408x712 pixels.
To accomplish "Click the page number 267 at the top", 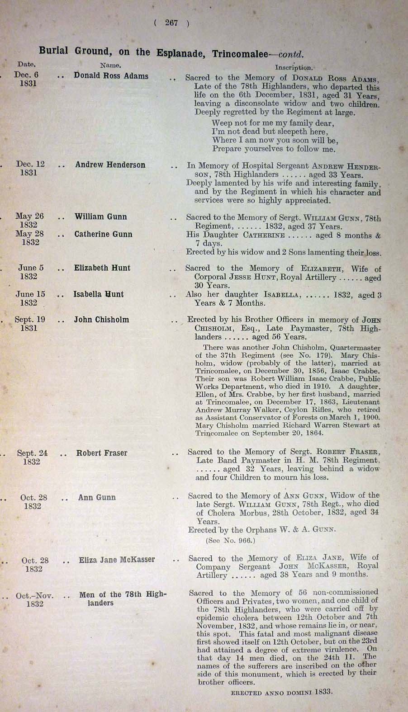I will pyautogui.click(x=171, y=23).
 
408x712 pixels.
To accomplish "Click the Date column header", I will pyautogui.click(x=27, y=65).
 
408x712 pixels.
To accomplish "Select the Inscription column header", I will pyautogui.click(x=294, y=67).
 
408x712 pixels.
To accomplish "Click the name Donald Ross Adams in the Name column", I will pyautogui.click(x=111, y=76).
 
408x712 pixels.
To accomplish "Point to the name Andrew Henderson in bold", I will pyautogui.click(x=110, y=165).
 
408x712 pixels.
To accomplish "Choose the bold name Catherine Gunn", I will pyautogui.click(x=104, y=234).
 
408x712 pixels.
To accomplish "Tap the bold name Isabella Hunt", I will pyautogui.click(x=98, y=294).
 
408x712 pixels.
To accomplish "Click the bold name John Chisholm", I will pyautogui.click(x=101, y=320).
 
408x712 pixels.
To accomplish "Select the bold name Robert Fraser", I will pyautogui.click(x=102, y=453).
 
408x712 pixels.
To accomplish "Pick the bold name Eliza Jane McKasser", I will pyautogui.click(x=117, y=560).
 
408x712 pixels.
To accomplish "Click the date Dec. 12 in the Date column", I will pyautogui.click(x=31, y=164).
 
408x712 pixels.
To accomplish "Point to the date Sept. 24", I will pyautogui.click(x=32, y=453).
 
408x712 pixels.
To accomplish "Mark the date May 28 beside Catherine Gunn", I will pyautogui.click(x=30, y=234).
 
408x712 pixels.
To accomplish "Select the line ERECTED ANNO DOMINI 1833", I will pyautogui.click(x=282, y=692).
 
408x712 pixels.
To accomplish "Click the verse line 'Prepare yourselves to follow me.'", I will pyautogui.click(x=274, y=149).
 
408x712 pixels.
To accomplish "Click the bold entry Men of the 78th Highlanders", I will pyautogui.click(x=123, y=599).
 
